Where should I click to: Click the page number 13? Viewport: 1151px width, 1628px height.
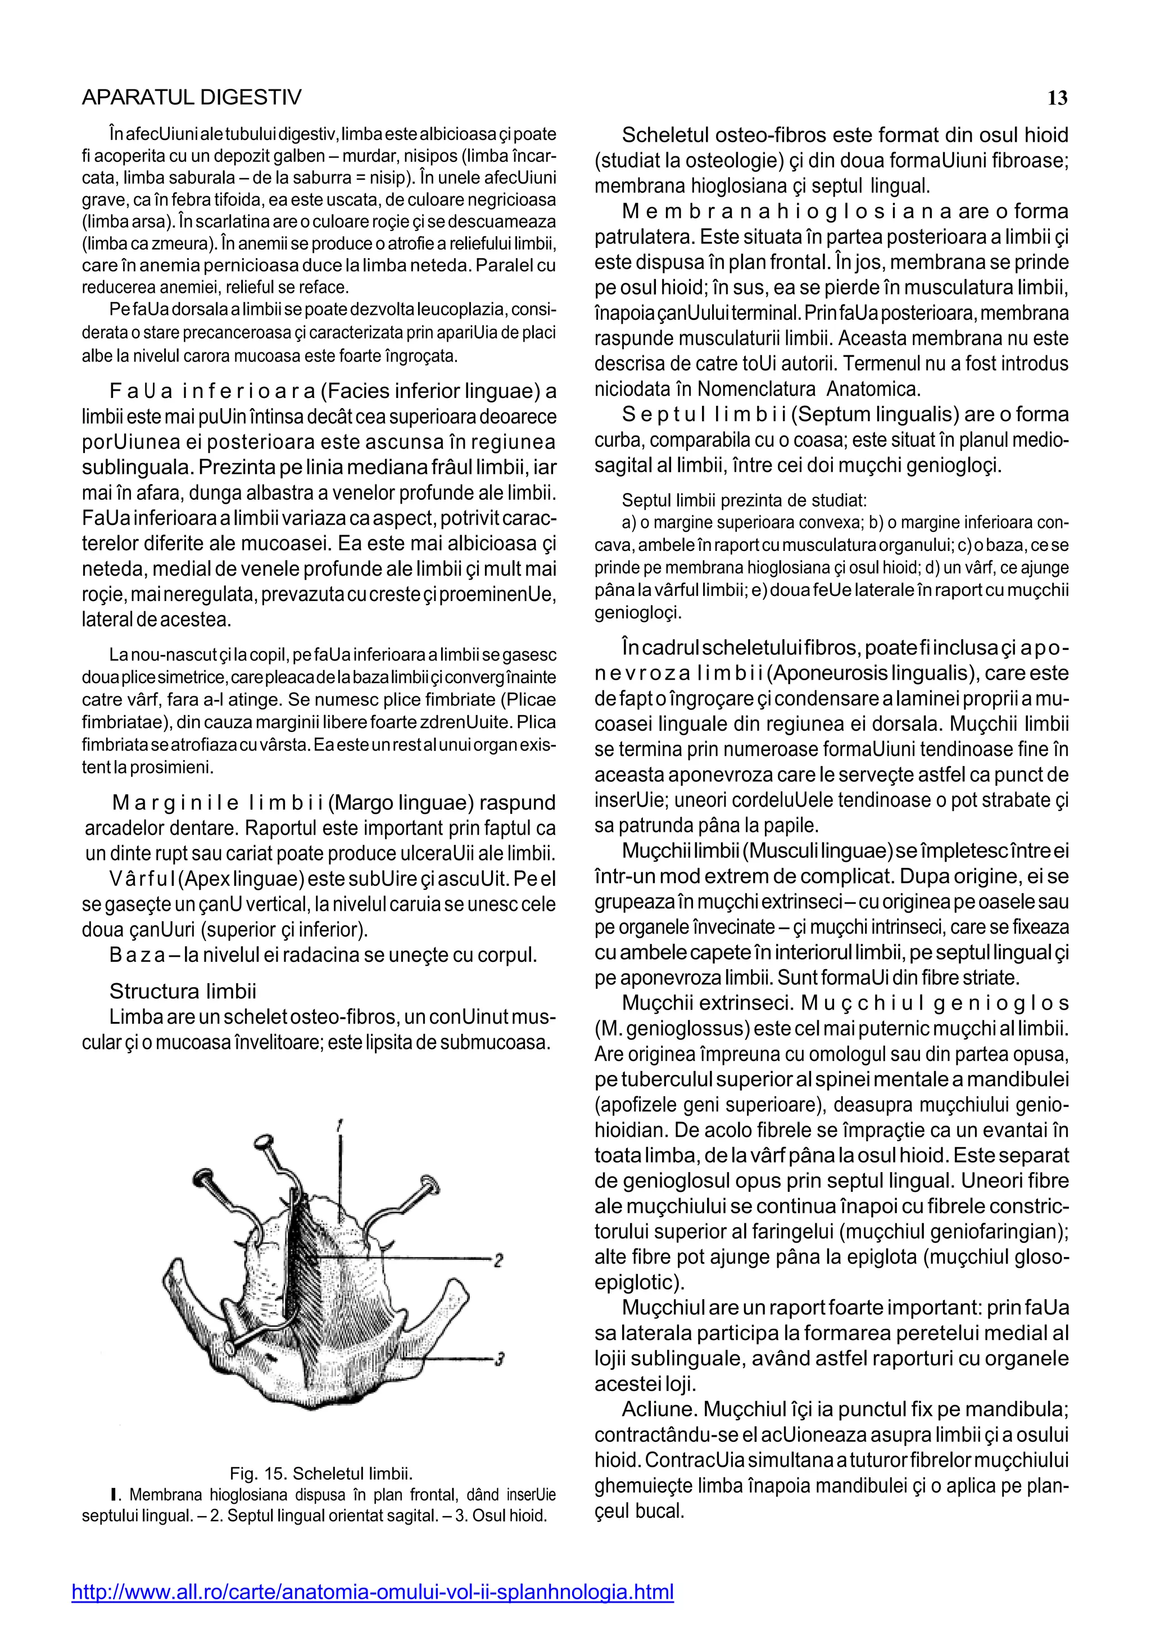tap(1057, 98)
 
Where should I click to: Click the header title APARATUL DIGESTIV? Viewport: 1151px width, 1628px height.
tap(191, 98)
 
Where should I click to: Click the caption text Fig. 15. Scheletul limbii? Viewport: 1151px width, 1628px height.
tap(320, 1473)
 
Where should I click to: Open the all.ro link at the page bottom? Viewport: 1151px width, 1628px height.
tap(373, 1593)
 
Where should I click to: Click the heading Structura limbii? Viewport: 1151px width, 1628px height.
tap(183, 991)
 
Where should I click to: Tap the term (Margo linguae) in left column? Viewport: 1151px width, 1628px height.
tap(401, 803)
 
